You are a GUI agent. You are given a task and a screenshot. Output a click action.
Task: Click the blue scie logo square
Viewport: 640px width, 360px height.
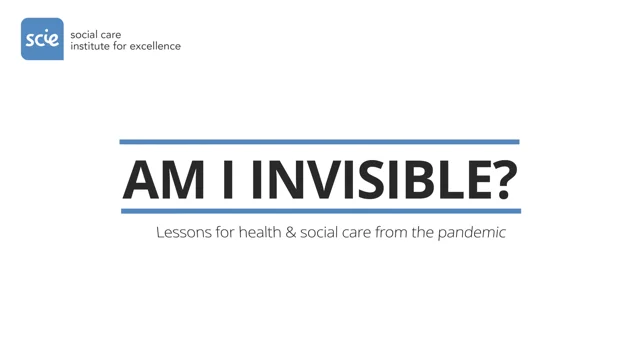click(42, 38)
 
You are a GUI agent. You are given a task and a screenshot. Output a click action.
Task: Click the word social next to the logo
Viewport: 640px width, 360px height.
click(82, 34)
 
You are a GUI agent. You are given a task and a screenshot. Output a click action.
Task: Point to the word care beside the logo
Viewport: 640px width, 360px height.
click(109, 34)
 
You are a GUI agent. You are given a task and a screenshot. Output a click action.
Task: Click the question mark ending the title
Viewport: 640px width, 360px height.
click(504, 178)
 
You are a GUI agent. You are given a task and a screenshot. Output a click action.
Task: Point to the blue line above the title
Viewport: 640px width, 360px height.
click(319, 142)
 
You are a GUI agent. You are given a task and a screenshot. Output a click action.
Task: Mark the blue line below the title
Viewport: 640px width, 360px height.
click(320, 211)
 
